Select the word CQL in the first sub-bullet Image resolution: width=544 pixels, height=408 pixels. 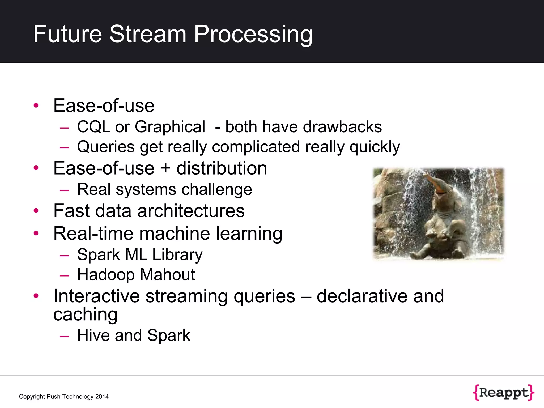click(x=93, y=127)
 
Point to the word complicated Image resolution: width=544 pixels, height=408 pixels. click(x=256, y=147)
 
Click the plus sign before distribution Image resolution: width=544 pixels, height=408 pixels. click(x=165, y=168)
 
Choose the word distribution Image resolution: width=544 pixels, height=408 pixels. click(x=222, y=168)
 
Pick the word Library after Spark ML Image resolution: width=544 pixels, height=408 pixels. click(x=177, y=254)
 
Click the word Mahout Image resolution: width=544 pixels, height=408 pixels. click(x=168, y=274)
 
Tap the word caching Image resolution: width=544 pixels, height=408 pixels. click(x=85, y=314)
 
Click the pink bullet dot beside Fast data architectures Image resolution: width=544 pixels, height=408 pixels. click(x=36, y=211)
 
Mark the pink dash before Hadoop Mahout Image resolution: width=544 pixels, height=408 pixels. click(x=65, y=275)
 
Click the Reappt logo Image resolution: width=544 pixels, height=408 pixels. click(x=503, y=393)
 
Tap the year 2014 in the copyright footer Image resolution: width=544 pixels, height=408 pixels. click(x=102, y=397)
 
